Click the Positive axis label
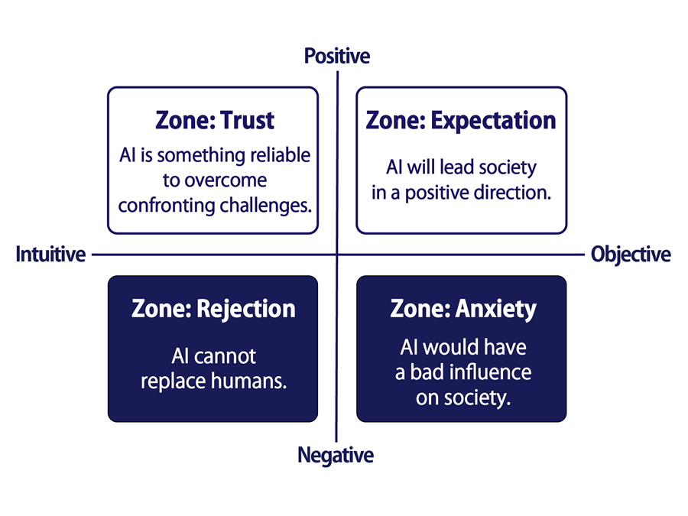point(337,56)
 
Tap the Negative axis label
point(336,455)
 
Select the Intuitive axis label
point(50,254)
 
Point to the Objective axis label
point(631,255)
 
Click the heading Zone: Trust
point(215,120)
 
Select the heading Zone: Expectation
point(461,121)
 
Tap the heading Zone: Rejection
point(213,309)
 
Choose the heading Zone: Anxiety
point(463,309)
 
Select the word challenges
point(265,206)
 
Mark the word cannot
point(226,355)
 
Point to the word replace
point(173,381)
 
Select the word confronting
point(167,206)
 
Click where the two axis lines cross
point(337,254)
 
